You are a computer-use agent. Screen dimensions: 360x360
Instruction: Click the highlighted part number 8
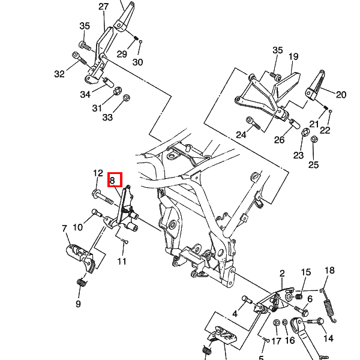click(115, 179)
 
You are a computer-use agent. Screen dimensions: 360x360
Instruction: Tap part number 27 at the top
click(103, 7)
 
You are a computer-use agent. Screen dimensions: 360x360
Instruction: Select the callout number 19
click(293, 57)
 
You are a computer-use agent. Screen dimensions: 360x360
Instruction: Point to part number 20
click(341, 94)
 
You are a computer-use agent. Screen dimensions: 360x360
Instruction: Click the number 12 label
click(98, 173)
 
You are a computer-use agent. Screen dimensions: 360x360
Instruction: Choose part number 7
click(65, 229)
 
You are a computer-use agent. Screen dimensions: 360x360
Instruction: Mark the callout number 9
click(78, 304)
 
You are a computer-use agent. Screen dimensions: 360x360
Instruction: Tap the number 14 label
click(328, 338)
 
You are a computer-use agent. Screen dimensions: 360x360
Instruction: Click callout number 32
click(59, 74)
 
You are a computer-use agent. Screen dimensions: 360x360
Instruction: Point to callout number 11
click(122, 261)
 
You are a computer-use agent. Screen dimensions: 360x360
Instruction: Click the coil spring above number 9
click(81, 282)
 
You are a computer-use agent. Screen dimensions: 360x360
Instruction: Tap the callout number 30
click(137, 62)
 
